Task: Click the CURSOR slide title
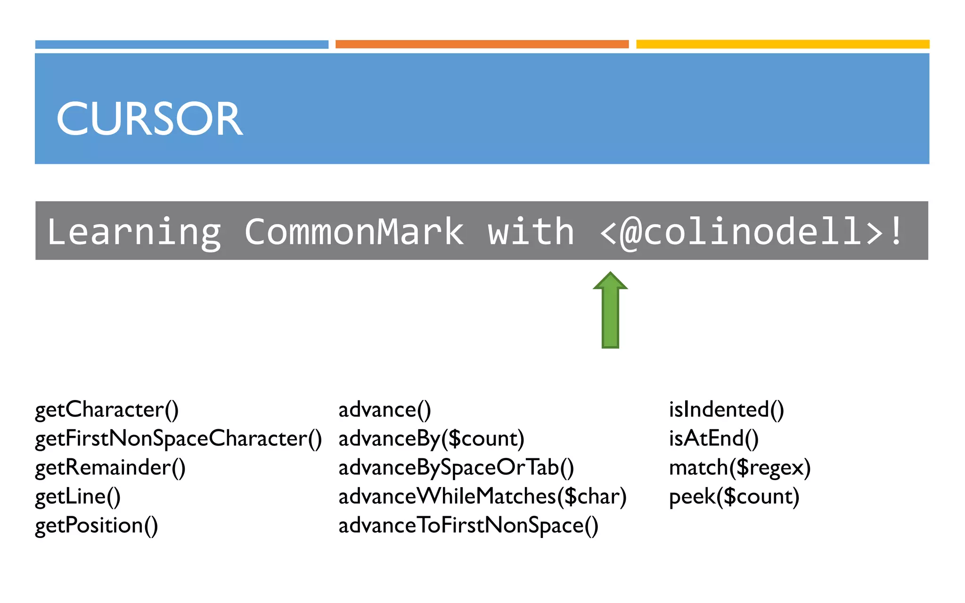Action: [x=149, y=119]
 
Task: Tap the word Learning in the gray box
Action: [x=134, y=232]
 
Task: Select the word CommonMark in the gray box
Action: [x=354, y=232]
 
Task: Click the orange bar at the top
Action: [x=482, y=44]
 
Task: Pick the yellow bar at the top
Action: [x=783, y=44]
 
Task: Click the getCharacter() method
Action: [x=107, y=410]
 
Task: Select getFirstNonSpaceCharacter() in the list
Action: [x=179, y=439]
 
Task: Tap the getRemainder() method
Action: [x=110, y=468]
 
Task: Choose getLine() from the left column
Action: [x=78, y=497]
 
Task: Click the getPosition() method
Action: [x=97, y=526]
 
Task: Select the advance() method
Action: [x=384, y=410]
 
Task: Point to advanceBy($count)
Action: [x=431, y=439]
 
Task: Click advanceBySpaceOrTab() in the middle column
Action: [x=456, y=468]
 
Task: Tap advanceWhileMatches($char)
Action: [x=482, y=497]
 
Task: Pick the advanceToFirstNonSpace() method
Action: [x=468, y=526]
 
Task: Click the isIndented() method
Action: [x=727, y=410]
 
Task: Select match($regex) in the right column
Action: [x=740, y=468]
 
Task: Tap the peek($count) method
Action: [x=734, y=497]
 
